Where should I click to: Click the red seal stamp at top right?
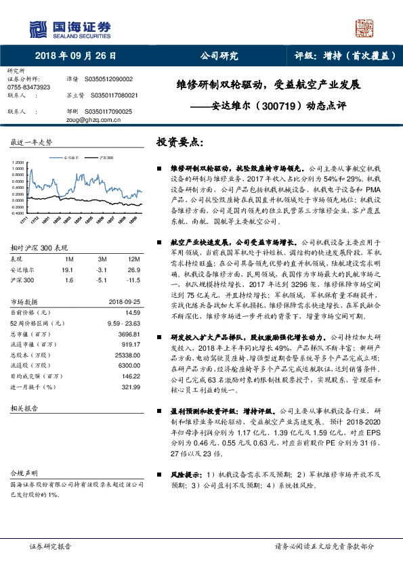click(x=366, y=28)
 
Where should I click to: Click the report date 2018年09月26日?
click(x=75, y=56)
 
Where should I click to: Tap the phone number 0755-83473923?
click(x=28, y=87)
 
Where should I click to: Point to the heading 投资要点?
click(x=179, y=144)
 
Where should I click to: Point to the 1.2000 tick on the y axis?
click(x=19, y=163)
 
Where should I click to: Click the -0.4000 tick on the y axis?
click(x=18, y=213)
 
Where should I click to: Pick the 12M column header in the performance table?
click(x=133, y=259)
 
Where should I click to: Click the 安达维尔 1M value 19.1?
click(x=68, y=269)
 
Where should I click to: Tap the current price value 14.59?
click(x=132, y=311)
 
